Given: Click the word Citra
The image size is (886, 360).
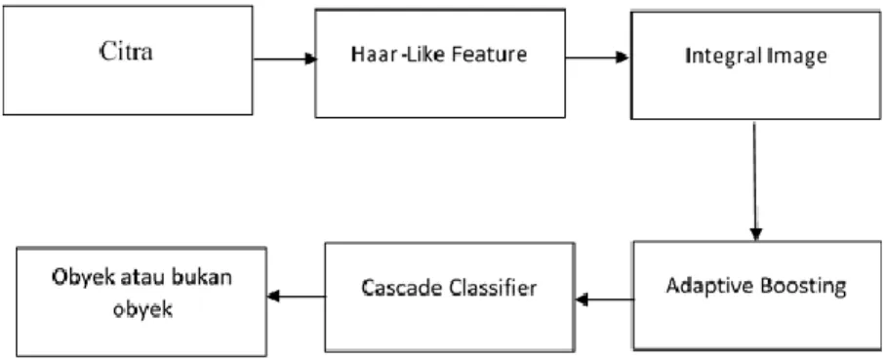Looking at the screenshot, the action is tap(127, 53).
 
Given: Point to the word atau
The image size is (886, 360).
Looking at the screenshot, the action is tap(147, 279).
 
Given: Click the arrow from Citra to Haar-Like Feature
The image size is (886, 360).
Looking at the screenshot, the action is tap(284, 59).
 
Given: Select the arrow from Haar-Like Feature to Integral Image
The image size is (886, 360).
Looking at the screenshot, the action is tap(597, 58).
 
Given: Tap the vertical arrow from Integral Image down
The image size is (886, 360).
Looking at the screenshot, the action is tap(755, 180).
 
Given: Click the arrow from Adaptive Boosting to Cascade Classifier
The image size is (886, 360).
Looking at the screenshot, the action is tap(605, 300).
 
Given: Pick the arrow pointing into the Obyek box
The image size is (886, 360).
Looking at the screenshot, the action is tap(297, 296).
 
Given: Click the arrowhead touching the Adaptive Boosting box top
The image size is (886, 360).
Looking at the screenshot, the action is tap(756, 234).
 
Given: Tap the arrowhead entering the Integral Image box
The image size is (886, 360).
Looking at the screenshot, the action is tap(623, 58).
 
